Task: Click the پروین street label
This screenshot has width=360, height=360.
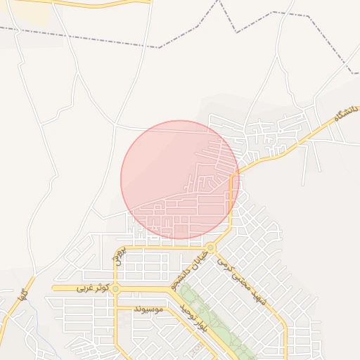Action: pos(119,257)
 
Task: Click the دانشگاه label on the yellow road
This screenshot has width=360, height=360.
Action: pos(344,117)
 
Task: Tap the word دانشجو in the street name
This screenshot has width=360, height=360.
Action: pos(183,278)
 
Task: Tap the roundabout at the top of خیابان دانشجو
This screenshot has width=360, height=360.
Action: pos(211,247)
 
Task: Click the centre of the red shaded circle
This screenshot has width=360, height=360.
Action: pos(180,179)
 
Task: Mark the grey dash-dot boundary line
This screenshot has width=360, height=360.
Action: pos(105,39)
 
